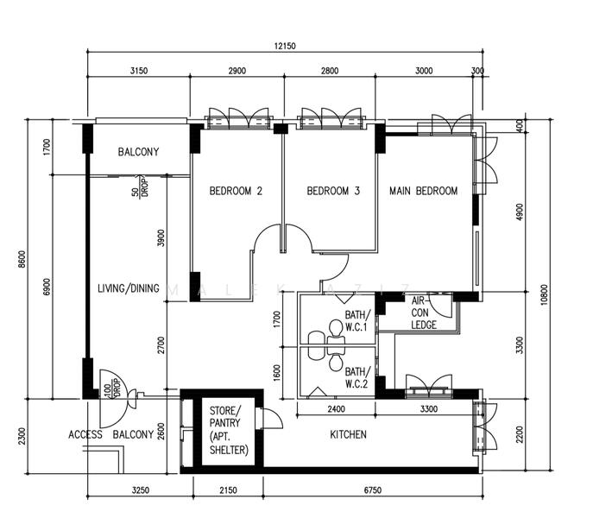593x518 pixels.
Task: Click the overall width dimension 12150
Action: tap(285, 46)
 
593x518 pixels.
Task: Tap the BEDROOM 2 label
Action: tap(236, 191)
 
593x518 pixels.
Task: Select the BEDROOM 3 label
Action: tap(333, 191)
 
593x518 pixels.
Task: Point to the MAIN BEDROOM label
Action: tap(424, 191)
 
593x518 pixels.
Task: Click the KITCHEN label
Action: tap(349, 434)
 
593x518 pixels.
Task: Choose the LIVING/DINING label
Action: tap(129, 288)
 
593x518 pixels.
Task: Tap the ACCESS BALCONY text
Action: tap(110, 434)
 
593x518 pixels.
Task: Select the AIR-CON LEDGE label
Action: tap(424, 313)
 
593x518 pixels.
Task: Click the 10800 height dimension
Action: tap(544, 294)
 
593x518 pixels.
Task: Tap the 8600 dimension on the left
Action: tap(22, 259)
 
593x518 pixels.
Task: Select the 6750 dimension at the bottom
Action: tap(373, 490)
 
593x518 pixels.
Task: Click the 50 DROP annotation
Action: tap(140, 187)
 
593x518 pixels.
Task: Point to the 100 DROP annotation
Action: tap(111, 388)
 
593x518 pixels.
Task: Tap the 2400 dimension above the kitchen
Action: tap(337, 409)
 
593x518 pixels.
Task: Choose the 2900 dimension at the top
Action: tap(237, 71)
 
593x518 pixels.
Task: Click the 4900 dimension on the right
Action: tap(520, 212)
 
